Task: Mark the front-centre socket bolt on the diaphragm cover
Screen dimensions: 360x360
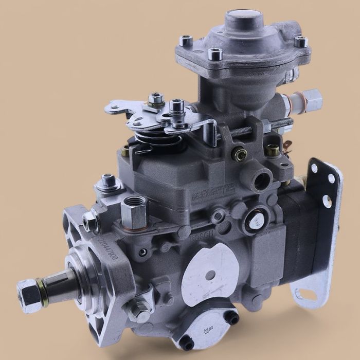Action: tap(215, 53)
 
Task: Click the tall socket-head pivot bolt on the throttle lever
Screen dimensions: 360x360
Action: tap(176, 107)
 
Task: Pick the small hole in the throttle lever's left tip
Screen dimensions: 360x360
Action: tap(114, 108)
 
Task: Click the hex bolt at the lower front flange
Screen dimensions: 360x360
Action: tap(135, 310)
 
